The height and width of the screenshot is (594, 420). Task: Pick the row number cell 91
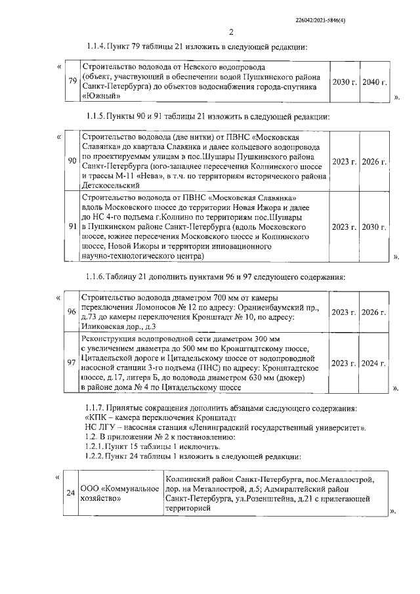click(72, 226)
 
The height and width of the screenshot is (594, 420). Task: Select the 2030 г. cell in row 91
click(375, 226)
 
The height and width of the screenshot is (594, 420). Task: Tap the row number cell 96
click(72, 311)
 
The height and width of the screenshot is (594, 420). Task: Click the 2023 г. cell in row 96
click(344, 311)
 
